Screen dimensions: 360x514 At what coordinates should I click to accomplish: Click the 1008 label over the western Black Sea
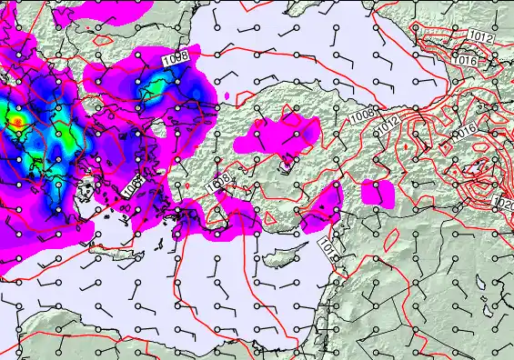[176, 57]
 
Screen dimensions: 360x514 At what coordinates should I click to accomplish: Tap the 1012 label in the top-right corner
[482, 38]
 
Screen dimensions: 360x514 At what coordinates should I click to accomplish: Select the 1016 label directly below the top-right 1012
[468, 60]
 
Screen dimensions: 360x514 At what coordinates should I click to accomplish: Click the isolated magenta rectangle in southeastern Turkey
[377, 192]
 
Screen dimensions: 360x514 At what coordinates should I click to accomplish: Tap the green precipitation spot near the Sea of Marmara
[156, 86]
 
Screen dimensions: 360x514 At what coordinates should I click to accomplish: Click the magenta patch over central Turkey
[278, 136]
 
